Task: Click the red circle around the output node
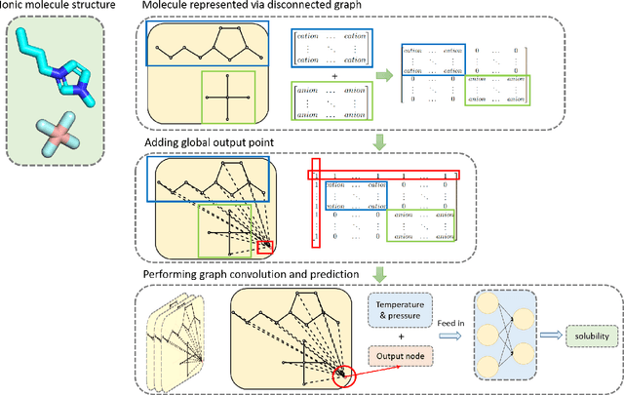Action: pyautogui.click(x=344, y=373)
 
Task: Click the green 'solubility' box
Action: pyautogui.click(x=588, y=336)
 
